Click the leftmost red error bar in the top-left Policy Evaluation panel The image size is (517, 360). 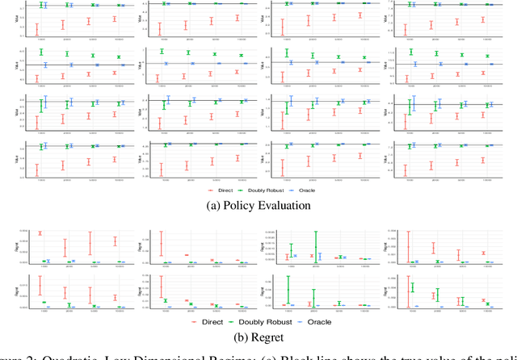(37, 28)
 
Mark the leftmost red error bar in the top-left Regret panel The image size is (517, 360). (39, 234)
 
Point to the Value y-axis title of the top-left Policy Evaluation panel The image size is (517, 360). (17, 18)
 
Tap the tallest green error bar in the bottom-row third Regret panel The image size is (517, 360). (288, 289)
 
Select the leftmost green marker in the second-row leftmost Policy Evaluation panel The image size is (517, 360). (40, 52)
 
